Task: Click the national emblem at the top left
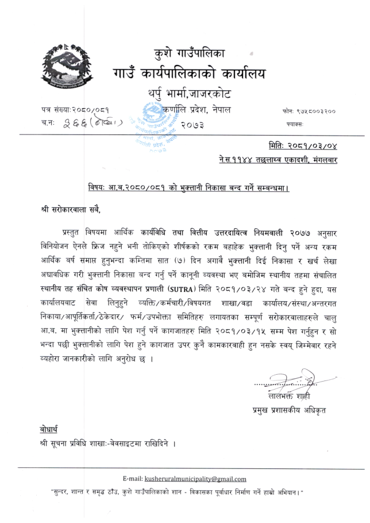click(65, 65)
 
